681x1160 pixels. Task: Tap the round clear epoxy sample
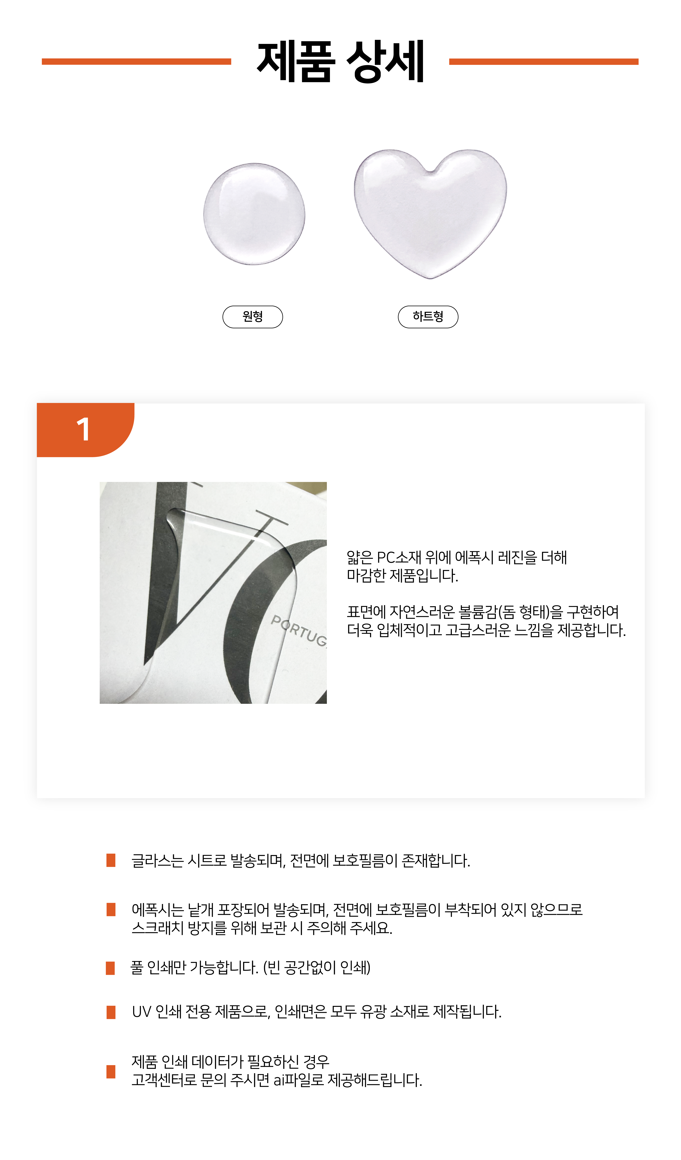point(254,214)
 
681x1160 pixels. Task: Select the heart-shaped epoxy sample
point(430,213)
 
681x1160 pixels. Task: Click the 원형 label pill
point(253,317)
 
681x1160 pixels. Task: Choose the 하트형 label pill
point(428,317)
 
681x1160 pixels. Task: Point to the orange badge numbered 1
point(86,430)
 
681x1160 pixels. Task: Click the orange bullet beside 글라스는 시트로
point(111,860)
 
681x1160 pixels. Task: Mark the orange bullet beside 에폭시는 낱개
point(111,910)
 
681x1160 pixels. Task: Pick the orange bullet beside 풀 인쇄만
point(110,968)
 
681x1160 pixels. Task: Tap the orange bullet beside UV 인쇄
point(111,1012)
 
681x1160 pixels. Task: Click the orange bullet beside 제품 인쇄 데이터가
point(111,1072)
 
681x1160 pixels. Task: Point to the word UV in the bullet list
point(142,1012)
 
